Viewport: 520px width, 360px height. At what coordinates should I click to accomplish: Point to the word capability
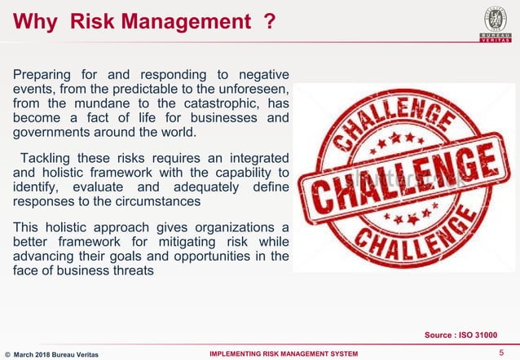click(x=233, y=172)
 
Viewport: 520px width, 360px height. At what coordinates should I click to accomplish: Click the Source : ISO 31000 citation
click(x=461, y=334)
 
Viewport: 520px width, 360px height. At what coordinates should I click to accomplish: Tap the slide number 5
click(x=500, y=352)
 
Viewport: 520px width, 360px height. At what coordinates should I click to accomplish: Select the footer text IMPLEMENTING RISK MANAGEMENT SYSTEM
click(x=284, y=353)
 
